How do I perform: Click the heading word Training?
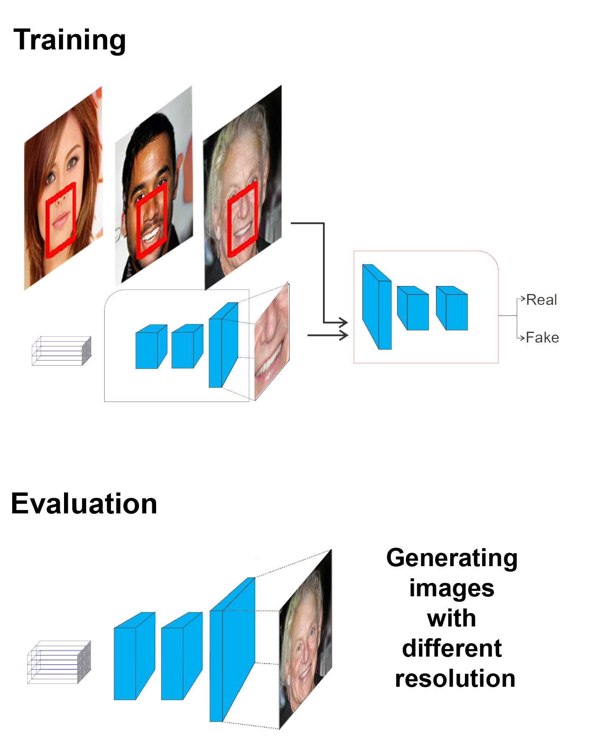pos(69,41)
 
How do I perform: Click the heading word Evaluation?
pos(84,503)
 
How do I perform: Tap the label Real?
pos(541,300)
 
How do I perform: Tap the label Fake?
pos(542,337)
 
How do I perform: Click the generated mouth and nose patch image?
pos(272,341)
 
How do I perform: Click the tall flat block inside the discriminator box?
pos(377,307)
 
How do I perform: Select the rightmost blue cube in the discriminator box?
pos(452,308)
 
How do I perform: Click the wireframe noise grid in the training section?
pos(62,351)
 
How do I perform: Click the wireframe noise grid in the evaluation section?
pos(59,662)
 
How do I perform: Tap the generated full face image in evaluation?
pos(305,640)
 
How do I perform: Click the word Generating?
pos(452,559)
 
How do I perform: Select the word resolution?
pos(455,678)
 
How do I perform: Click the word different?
pos(452,648)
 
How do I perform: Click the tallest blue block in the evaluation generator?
pos(232,650)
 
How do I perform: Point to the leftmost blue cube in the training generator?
pos(151,347)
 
